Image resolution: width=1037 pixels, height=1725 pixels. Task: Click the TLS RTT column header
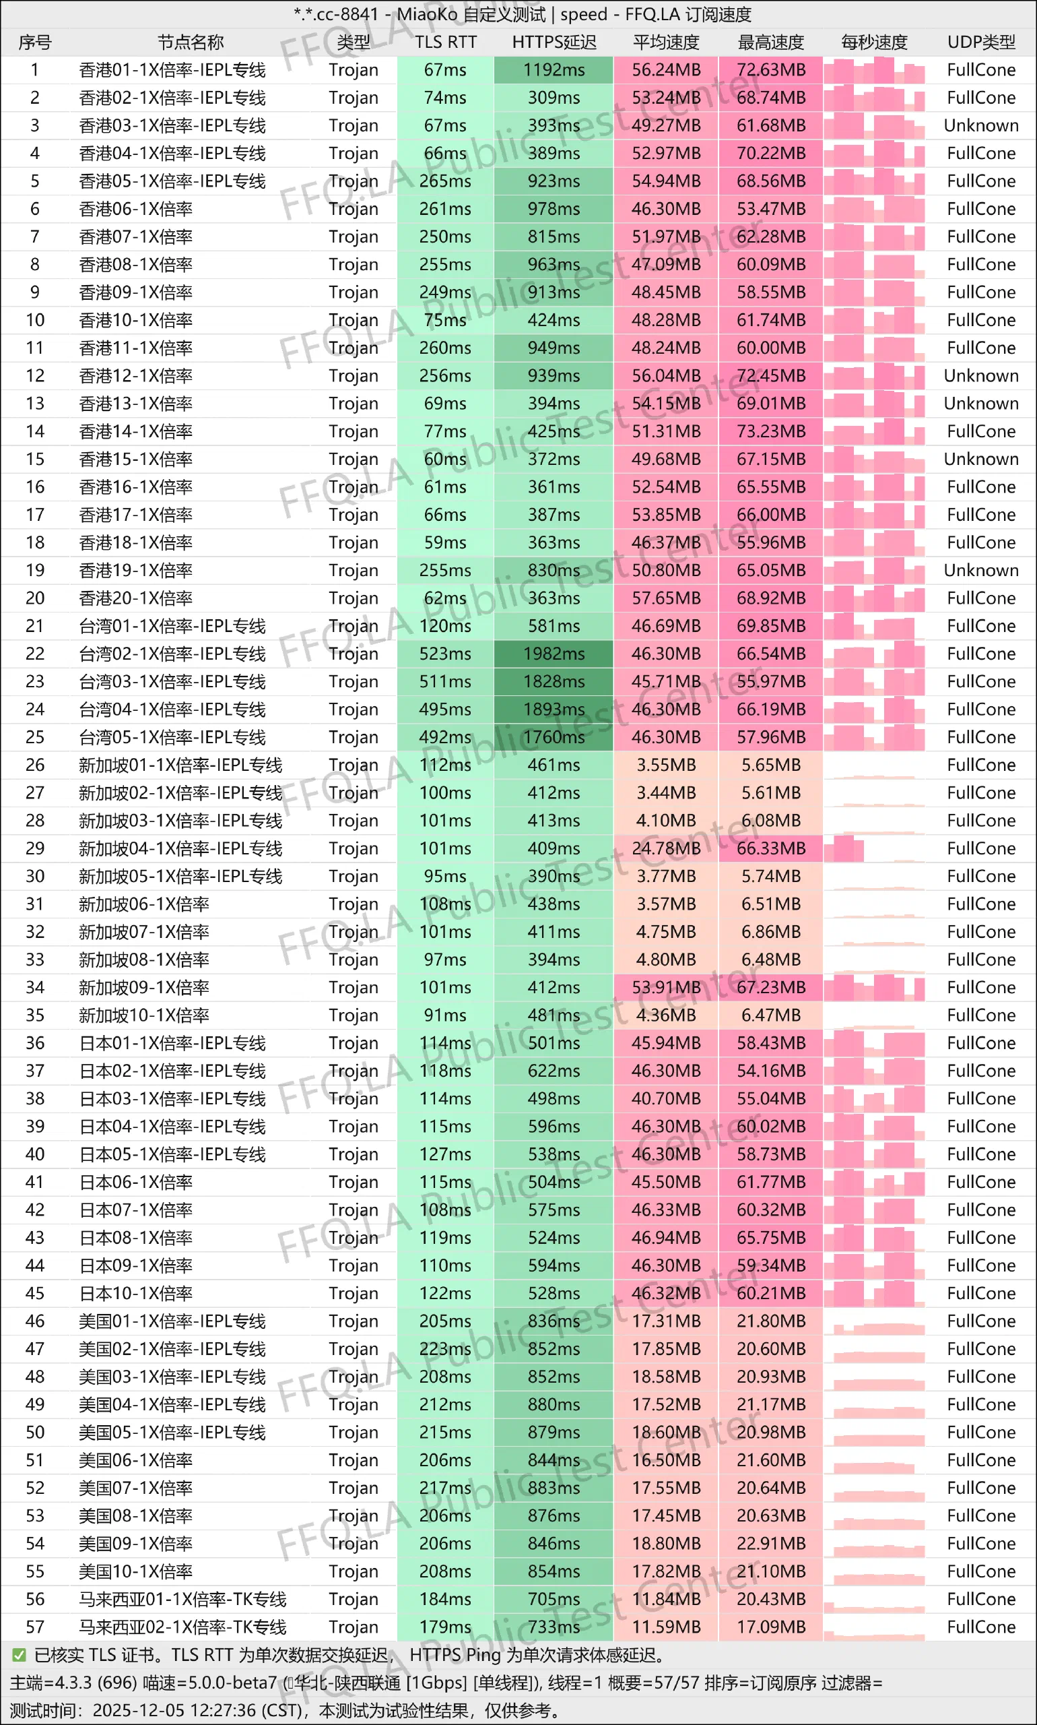(445, 42)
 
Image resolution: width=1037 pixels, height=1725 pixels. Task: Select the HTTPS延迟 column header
(554, 42)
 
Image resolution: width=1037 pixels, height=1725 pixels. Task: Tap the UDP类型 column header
(980, 42)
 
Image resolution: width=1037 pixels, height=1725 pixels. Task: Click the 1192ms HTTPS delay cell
(554, 70)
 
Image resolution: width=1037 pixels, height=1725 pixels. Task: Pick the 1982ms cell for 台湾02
(554, 654)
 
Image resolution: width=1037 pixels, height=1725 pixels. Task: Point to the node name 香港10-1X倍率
(135, 320)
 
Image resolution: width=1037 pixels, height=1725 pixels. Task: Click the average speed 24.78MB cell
(665, 848)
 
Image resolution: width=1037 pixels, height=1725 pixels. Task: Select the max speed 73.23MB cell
(771, 431)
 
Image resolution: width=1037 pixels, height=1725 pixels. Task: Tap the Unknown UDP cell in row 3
(980, 125)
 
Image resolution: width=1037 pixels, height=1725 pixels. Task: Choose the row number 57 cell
(35, 1627)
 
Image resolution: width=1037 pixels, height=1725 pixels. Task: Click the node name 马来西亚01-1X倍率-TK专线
(182, 1599)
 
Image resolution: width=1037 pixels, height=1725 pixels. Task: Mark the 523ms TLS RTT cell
(445, 654)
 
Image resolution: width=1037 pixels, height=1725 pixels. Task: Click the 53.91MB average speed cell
(665, 987)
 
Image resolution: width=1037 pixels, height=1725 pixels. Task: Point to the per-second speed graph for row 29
(873, 848)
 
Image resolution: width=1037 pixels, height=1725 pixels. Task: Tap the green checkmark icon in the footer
(19, 1655)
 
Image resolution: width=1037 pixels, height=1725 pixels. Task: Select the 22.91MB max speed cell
(771, 1543)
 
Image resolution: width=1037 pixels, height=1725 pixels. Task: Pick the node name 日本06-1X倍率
(135, 1182)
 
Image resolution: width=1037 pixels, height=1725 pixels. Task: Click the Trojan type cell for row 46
(354, 1321)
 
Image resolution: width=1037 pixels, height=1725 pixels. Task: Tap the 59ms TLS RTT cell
(445, 542)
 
